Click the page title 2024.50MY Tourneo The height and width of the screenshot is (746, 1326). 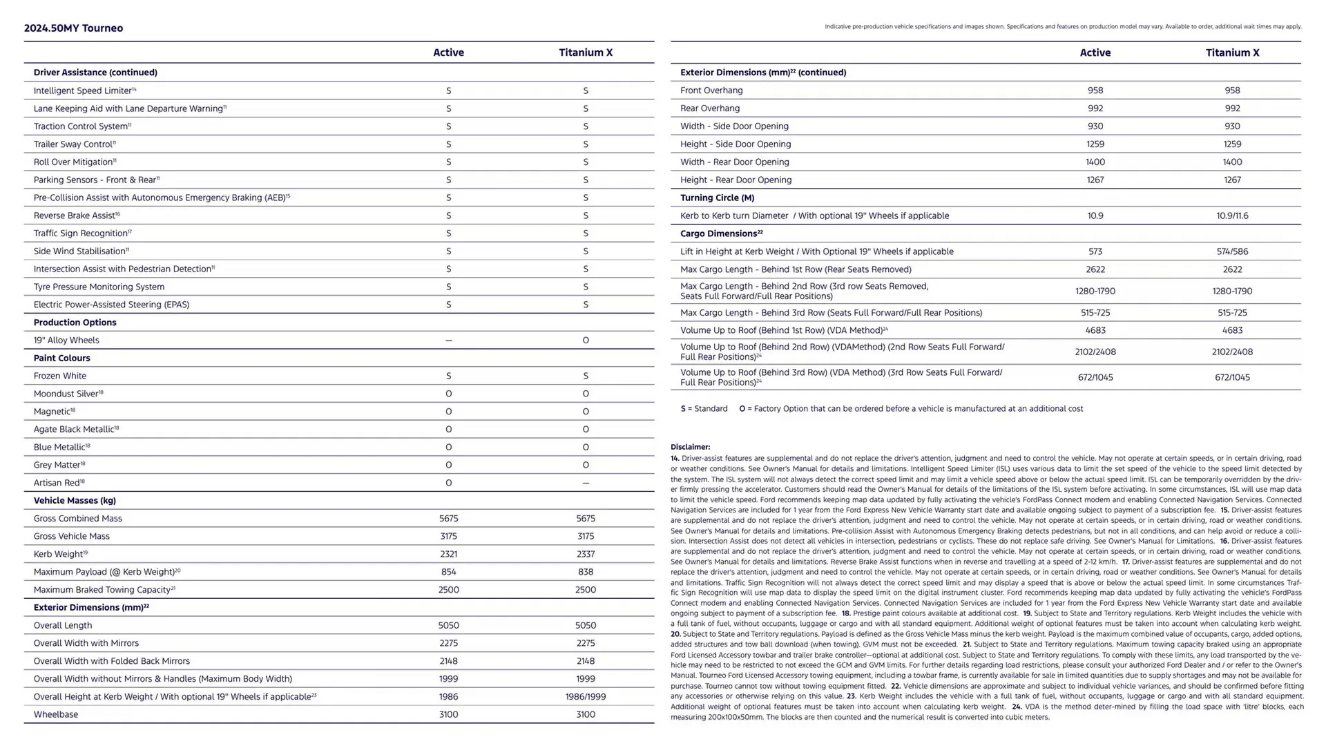click(x=73, y=28)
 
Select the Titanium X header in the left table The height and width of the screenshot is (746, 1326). click(x=585, y=52)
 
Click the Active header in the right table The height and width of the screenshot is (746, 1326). click(x=1095, y=52)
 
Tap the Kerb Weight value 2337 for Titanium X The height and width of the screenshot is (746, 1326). click(x=585, y=554)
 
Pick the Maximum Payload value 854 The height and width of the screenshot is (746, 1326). click(x=448, y=572)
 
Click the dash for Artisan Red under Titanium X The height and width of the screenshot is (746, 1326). click(x=585, y=483)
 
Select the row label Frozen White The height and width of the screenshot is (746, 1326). click(x=60, y=376)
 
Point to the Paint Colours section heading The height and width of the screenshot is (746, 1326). click(x=61, y=358)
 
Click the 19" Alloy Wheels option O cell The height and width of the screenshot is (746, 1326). click(x=585, y=340)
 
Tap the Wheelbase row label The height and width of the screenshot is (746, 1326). click(x=55, y=714)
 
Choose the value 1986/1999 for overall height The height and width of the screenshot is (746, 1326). click(x=585, y=696)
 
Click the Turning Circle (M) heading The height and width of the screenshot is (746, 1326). click(x=717, y=198)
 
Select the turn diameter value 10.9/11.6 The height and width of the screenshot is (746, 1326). click(x=1232, y=216)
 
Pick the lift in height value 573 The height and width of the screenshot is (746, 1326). click(x=1095, y=251)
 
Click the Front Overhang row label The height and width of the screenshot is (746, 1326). click(x=711, y=90)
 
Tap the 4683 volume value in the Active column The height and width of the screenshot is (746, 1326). click(x=1095, y=330)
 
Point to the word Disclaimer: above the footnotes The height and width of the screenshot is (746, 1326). click(x=690, y=447)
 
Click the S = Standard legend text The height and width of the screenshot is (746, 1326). click(x=704, y=409)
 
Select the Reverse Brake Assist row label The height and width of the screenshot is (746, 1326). click(x=76, y=216)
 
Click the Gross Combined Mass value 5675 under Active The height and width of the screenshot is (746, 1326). click(x=448, y=518)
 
